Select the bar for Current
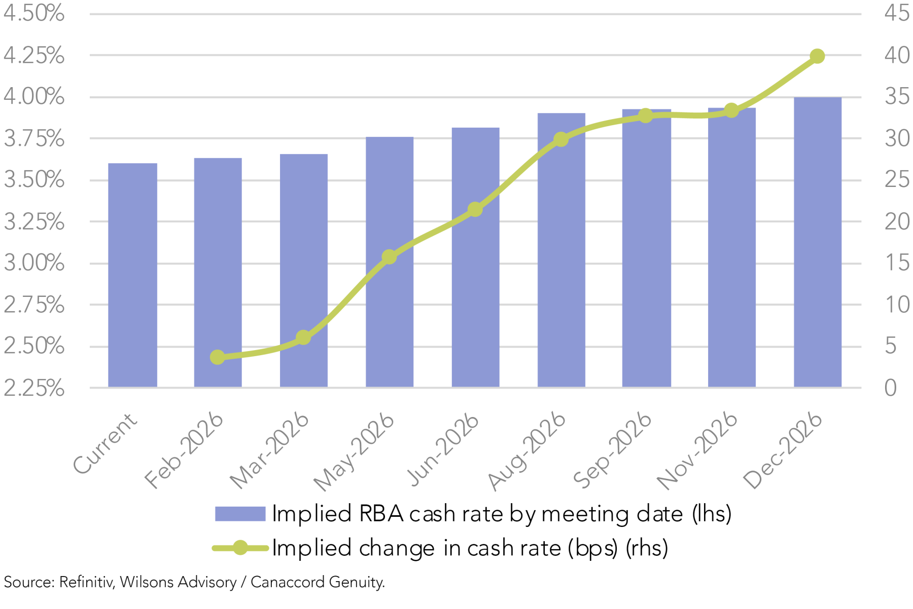pos(132,275)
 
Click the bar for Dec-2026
pos(817,242)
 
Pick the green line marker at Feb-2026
pos(218,357)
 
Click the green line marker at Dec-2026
pos(817,56)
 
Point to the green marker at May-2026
pos(389,257)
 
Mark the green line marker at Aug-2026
pos(561,139)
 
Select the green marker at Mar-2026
pos(303,337)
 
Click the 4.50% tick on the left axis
pos(34,14)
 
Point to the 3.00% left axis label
pos(34,263)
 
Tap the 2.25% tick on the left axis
pos(34,389)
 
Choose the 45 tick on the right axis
pos(897,14)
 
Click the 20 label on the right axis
pos(897,222)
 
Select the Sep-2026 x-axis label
pos(613,450)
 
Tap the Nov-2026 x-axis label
pos(697,450)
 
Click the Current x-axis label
pos(106,443)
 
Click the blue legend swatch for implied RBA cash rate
pos(240,514)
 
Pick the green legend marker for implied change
pos(240,548)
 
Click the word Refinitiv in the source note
pos(87,582)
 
